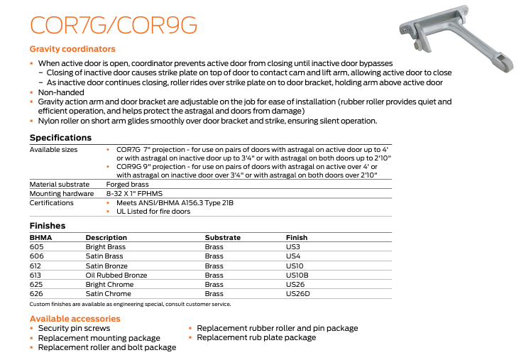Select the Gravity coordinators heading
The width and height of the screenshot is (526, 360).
(72, 50)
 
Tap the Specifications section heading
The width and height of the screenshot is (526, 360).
(60, 138)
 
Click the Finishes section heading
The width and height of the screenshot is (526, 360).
(48, 226)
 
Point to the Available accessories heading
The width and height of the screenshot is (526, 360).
(75, 319)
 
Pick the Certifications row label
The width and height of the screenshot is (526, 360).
(51, 203)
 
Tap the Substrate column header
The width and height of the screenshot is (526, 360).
(222, 237)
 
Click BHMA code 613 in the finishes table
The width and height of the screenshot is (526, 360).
(36, 275)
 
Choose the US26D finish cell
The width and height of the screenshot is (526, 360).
(297, 293)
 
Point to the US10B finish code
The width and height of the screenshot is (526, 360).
(297, 275)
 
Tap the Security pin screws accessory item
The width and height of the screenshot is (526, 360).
(74, 329)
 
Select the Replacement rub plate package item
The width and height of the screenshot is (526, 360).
(256, 338)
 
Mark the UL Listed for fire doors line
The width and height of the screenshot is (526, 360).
(153, 212)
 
